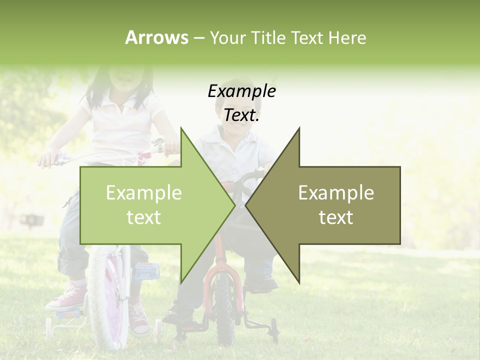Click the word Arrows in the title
pyautogui.click(x=156, y=37)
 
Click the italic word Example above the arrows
pyautogui.click(x=241, y=91)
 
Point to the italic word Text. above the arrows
pyautogui.click(x=241, y=115)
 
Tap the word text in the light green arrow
pyautogui.click(x=143, y=217)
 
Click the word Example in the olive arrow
pyautogui.click(x=336, y=193)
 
